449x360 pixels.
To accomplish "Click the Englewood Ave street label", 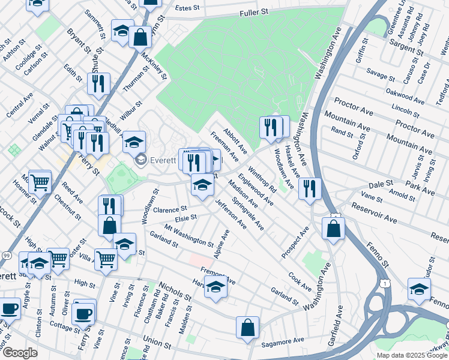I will [x=255, y=190].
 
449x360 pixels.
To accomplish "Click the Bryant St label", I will [x=78, y=40].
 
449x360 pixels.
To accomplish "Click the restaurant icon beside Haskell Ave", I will [x=310, y=188].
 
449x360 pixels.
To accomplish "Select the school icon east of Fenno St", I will [x=419, y=289].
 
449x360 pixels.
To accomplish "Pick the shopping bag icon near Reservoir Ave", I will [x=333, y=228].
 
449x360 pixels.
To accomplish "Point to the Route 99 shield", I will [x=5, y=256].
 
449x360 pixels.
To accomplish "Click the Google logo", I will [x=20, y=353].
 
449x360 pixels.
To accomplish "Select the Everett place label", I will [x=162, y=160].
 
